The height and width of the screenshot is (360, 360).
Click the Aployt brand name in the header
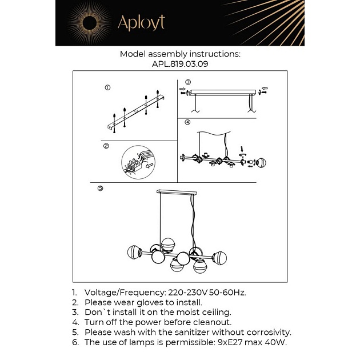(x=141, y=23)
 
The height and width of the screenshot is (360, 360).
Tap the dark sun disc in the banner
(x=90, y=23)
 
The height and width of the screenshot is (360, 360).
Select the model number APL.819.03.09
(x=180, y=64)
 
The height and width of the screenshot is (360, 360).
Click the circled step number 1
(x=107, y=87)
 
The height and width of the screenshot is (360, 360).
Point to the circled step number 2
(x=106, y=146)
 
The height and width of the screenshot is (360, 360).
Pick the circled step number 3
(x=188, y=82)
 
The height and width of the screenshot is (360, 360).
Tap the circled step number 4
(x=187, y=122)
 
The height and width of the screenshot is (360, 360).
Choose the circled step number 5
(x=101, y=188)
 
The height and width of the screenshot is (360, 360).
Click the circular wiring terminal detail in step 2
(x=138, y=162)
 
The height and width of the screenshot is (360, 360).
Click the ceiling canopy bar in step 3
(x=222, y=93)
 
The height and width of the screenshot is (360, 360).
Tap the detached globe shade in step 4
(x=261, y=162)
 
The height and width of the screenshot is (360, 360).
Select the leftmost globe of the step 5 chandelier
(x=134, y=253)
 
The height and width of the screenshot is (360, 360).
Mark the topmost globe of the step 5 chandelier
(x=168, y=245)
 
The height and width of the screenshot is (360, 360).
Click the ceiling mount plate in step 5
(x=177, y=193)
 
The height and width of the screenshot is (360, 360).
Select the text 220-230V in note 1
(x=187, y=293)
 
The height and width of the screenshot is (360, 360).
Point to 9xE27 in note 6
(x=230, y=342)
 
